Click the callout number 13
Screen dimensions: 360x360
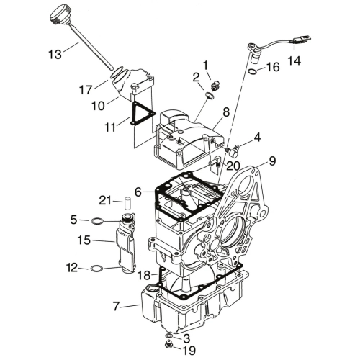pos(55,55)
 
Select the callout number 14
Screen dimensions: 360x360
pos(294,60)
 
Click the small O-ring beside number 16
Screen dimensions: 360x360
pos(253,71)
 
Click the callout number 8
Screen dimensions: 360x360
pos(226,112)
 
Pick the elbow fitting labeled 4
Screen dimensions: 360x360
pos(232,148)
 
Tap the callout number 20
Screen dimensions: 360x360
pos(233,166)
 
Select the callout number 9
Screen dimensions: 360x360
pos(272,161)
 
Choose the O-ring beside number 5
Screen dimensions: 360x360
pos(97,221)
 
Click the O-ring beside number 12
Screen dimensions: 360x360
pos(97,269)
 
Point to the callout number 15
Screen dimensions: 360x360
pos(84,240)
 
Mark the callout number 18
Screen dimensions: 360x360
pos(144,275)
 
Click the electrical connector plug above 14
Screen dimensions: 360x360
pos(301,39)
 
